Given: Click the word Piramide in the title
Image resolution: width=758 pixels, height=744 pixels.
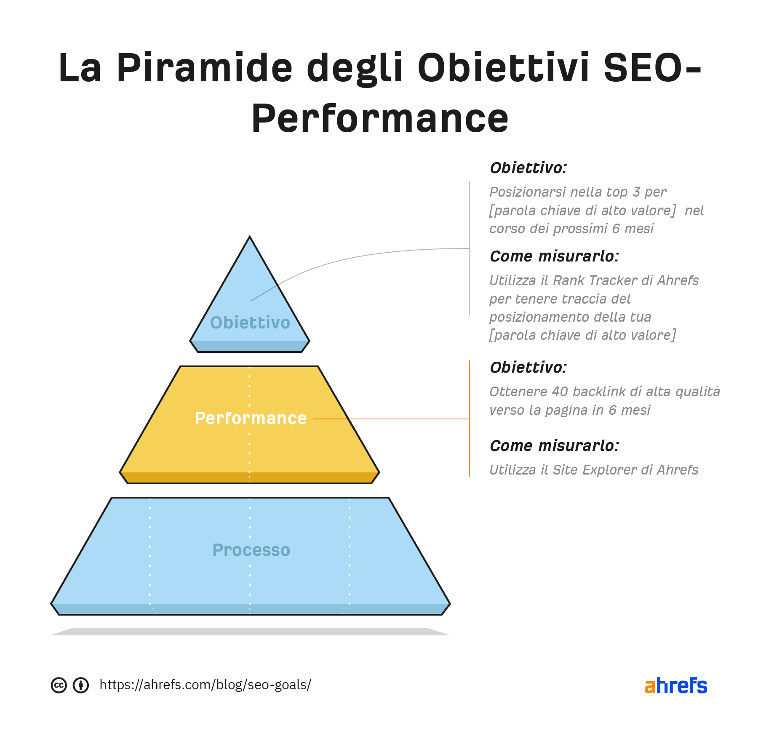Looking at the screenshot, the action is (204, 67).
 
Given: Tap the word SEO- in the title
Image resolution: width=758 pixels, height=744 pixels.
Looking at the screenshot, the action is (652, 67).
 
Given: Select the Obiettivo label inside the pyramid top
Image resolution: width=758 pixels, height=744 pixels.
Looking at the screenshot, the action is (250, 323).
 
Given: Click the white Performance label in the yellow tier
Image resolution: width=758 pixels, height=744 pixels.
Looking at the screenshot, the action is (251, 418).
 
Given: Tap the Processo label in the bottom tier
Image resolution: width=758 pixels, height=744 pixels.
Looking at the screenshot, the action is (251, 550).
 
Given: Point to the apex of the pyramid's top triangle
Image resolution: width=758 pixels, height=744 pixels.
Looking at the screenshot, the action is (250, 236).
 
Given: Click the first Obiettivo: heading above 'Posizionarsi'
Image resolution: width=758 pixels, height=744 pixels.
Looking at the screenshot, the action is (528, 168).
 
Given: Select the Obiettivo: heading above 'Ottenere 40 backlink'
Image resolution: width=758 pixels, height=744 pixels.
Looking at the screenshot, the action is (528, 367).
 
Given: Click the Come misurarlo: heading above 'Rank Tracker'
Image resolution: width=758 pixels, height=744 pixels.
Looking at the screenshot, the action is (555, 256).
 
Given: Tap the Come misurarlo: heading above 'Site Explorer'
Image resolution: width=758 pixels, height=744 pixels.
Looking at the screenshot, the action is (555, 445).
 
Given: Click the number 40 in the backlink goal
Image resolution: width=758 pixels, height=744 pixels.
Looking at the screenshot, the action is (560, 392).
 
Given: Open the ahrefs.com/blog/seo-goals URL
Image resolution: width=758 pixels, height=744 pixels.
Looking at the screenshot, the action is (206, 685).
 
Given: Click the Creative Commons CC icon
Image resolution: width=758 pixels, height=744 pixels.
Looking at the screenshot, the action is (59, 685).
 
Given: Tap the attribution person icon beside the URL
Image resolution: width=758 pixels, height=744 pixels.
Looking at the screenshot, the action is (81, 685).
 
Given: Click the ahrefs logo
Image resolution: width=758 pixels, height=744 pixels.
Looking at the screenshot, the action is (676, 685).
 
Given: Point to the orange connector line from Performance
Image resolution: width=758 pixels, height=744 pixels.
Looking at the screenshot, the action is (392, 419).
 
